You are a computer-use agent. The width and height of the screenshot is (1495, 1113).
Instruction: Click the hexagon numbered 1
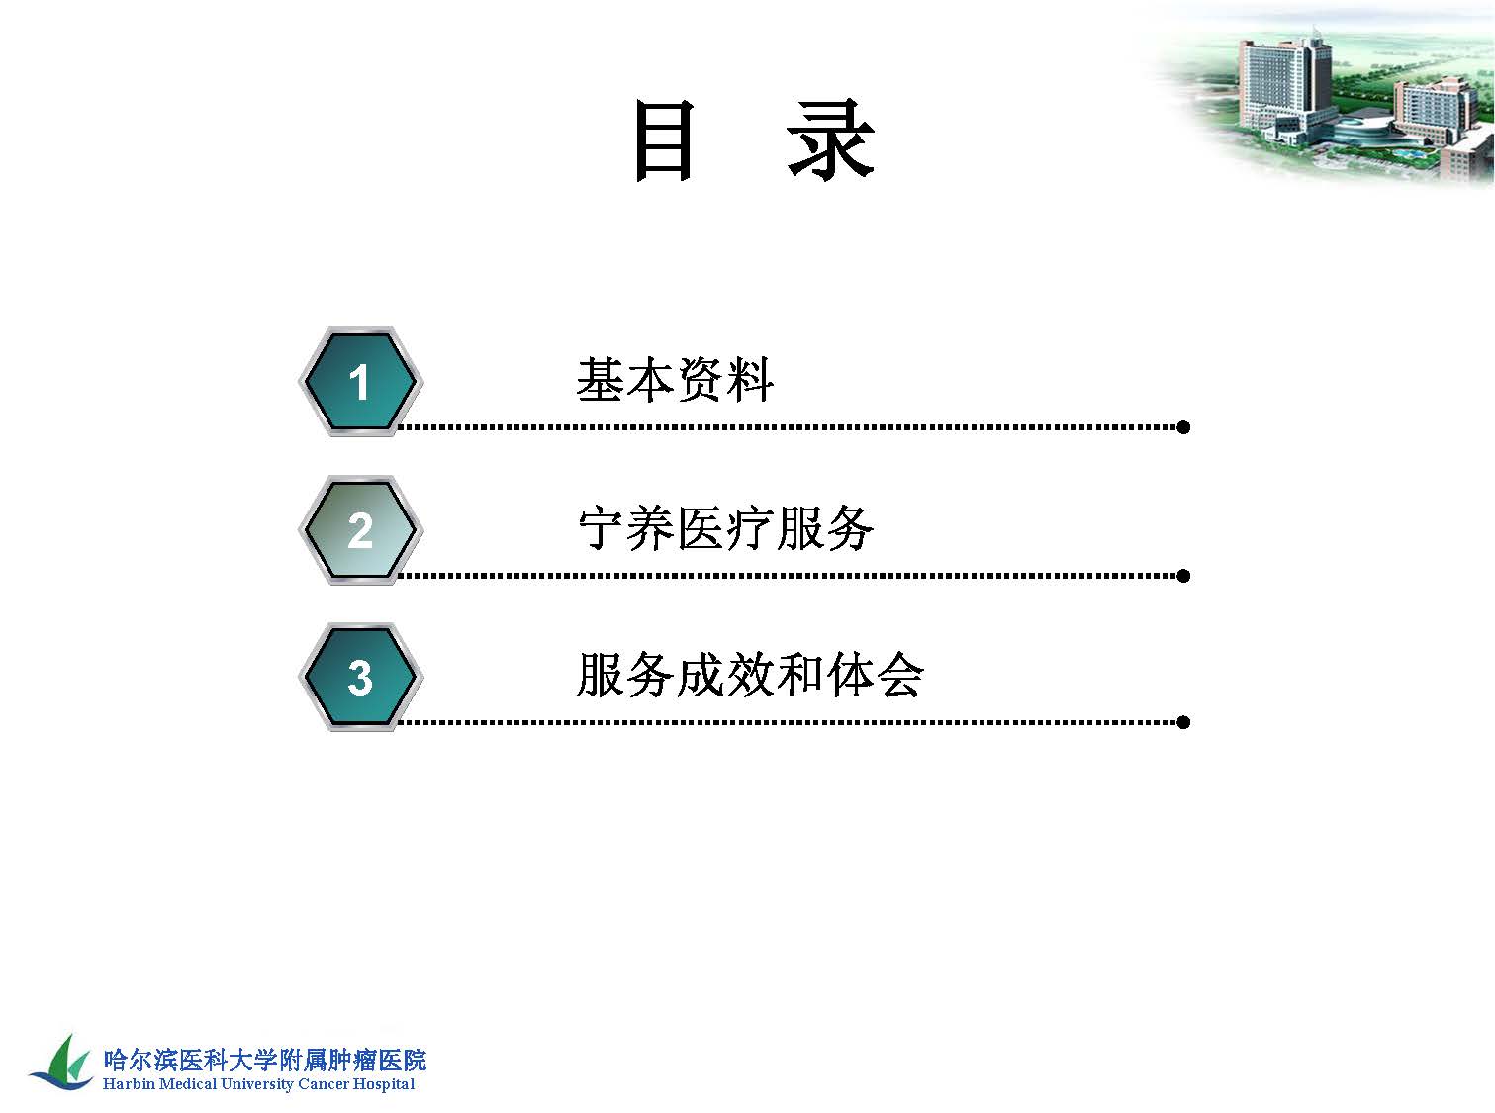point(360,382)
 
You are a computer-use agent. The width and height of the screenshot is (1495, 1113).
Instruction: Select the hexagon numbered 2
point(360,530)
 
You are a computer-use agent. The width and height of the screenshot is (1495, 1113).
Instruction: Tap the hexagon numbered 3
point(360,677)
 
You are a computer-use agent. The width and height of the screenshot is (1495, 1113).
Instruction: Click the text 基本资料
point(675,380)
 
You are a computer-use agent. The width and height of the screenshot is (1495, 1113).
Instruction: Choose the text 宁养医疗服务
point(725,528)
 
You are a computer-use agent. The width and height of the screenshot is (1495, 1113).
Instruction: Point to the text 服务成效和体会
point(750,675)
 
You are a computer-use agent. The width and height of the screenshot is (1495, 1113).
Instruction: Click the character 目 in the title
point(664,140)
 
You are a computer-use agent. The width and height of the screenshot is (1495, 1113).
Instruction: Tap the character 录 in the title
point(830,139)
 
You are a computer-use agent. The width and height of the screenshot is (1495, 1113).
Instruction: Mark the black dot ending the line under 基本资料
point(1183,427)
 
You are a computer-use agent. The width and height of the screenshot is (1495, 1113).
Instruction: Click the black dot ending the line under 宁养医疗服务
point(1183,576)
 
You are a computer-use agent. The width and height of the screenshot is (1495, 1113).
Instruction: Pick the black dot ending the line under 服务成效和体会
point(1183,722)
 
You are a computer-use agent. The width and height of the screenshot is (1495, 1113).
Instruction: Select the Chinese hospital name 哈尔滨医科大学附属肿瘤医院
point(265,1061)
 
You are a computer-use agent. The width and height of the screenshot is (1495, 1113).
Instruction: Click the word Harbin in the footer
point(129,1084)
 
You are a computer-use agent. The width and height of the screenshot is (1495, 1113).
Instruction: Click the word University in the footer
point(257,1085)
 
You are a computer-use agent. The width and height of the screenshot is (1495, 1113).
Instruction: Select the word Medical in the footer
point(188,1084)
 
